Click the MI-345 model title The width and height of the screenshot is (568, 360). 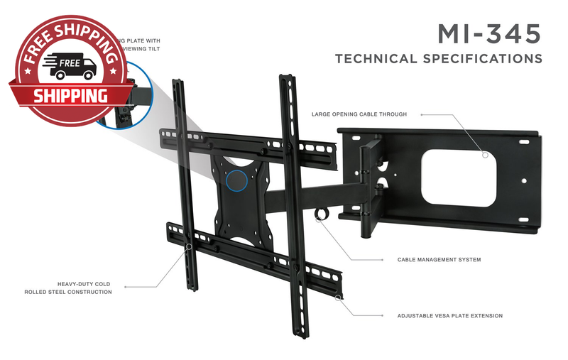(x=488, y=33)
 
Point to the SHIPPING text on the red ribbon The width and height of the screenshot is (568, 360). (x=71, y=94)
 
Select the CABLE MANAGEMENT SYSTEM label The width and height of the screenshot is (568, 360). (x=439, y=260)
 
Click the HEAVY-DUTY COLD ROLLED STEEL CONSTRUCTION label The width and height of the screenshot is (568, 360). (x=68, y=288)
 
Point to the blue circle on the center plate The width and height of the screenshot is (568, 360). (x=237, y=179)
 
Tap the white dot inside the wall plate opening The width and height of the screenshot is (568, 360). (x=486, y=154)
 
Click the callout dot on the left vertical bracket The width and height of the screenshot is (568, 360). (x=188, y=248)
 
